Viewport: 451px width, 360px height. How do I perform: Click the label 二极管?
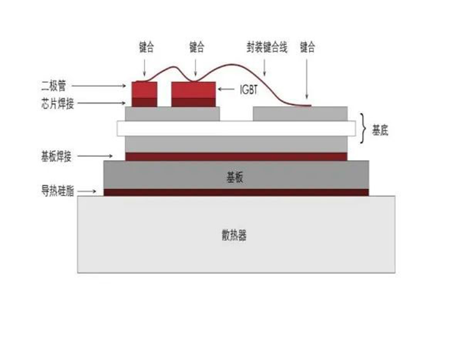click(54, 86)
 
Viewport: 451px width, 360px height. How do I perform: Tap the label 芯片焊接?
click(58, 103)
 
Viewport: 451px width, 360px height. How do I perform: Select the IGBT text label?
click(249, 90)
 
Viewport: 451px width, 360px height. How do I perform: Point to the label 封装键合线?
click(267, 47)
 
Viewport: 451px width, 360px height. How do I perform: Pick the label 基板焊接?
click(56, 157)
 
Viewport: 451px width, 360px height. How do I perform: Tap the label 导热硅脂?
click(58, 191)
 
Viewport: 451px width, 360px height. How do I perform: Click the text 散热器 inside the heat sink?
click(234, 235)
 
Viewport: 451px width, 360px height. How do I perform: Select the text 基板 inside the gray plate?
click(235, 177)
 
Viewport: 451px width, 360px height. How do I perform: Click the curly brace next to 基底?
click(364, 128)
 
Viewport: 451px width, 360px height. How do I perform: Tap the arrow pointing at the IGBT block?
click(226, 89)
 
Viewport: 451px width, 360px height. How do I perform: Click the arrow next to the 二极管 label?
click(99, 86)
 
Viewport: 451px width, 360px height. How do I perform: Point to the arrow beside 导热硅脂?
click(87, 191)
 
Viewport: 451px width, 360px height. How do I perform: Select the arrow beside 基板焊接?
click(95, 156)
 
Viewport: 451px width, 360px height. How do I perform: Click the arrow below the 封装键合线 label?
click(265, 68)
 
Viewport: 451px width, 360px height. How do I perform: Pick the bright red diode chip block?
click(144, 90)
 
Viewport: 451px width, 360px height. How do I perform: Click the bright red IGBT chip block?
click(193, 90)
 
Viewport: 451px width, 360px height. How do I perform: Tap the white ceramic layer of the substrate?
click(236, 128)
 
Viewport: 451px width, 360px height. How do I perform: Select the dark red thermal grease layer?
click(236, 192)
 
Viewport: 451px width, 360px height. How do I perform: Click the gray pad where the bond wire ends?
click(300, 114)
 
